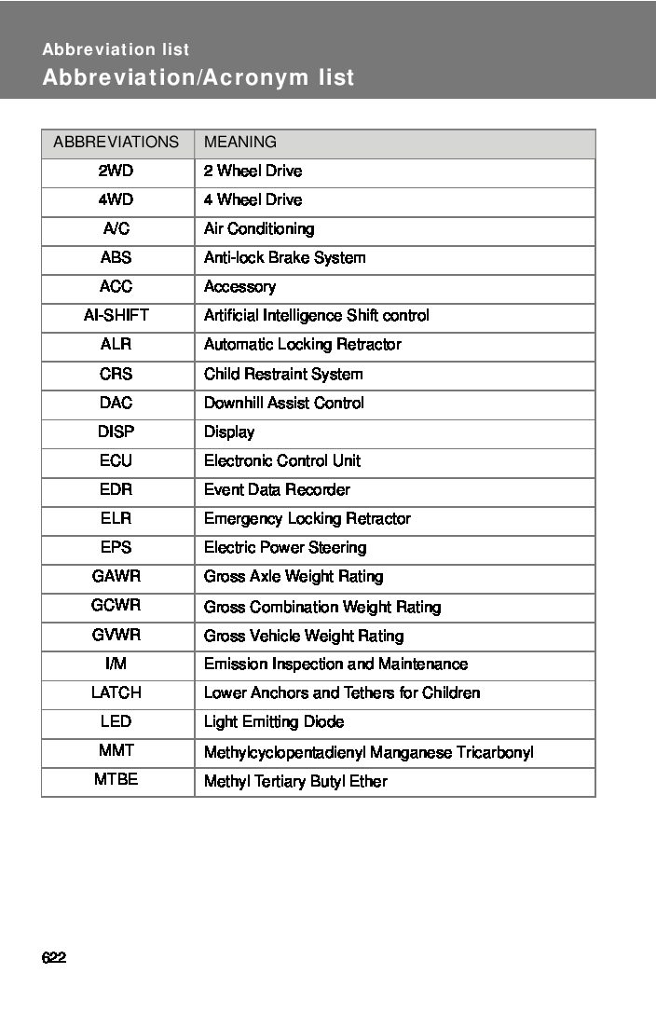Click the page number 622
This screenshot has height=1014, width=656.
click(54, 958)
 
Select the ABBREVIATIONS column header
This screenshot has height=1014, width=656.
click(116, 143)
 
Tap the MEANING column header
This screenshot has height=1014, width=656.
click(240, 143)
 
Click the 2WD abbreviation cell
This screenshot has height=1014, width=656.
click(116, 171)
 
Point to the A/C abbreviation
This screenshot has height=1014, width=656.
click(116, 228)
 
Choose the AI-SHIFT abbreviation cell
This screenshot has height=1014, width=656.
click(116, 316)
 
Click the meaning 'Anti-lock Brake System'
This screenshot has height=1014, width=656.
click(285, 257)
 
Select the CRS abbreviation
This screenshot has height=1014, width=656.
click(116, 374)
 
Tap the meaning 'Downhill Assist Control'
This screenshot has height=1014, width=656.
click(284, 403)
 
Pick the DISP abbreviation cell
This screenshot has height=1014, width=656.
click(116, 432)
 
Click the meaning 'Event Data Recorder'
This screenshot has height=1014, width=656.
click(278, 489)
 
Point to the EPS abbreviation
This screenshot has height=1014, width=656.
click(116, 547)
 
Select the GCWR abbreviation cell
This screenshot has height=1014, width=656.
click(116, 606)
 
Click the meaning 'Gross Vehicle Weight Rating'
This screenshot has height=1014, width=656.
click(304, 636)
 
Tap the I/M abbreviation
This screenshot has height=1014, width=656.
click(116, 664)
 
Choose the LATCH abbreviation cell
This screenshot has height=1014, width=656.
click(116, 692)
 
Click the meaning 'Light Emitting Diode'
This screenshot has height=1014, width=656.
click(274, 721)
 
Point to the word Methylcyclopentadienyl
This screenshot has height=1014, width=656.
click(280, 752)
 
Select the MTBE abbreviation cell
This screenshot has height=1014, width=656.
click(116, 780)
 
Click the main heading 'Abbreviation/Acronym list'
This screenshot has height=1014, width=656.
click(198, 77)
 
